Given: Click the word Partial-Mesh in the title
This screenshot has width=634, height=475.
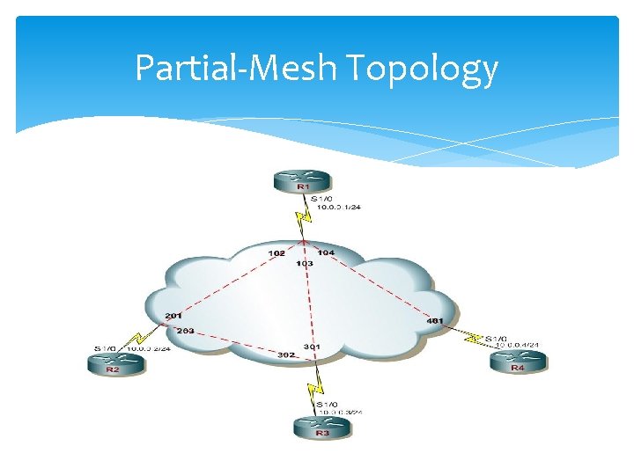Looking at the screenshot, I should coord(238,67).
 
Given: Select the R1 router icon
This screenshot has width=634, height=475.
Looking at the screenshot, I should coord(302,181).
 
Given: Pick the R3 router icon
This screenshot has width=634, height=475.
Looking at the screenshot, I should coord(321,427).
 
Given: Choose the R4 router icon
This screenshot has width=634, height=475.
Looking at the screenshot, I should coord(518,362).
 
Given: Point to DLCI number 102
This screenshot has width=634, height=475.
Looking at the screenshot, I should coord(276,252).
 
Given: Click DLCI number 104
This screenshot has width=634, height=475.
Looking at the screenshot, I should coord(326,252).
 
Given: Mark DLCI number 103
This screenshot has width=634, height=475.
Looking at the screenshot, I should coord(305,263).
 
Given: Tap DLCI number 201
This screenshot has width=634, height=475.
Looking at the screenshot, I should coord(173,316).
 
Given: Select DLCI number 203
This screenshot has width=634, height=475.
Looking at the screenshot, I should coord(185,331).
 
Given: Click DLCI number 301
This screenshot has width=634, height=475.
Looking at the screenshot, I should coord(312,347).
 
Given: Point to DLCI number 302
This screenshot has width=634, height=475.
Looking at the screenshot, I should coord(286,354).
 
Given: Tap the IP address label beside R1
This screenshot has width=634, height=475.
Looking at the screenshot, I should coord(344,207).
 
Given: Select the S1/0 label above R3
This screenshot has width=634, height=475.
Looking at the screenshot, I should coord(324,404).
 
